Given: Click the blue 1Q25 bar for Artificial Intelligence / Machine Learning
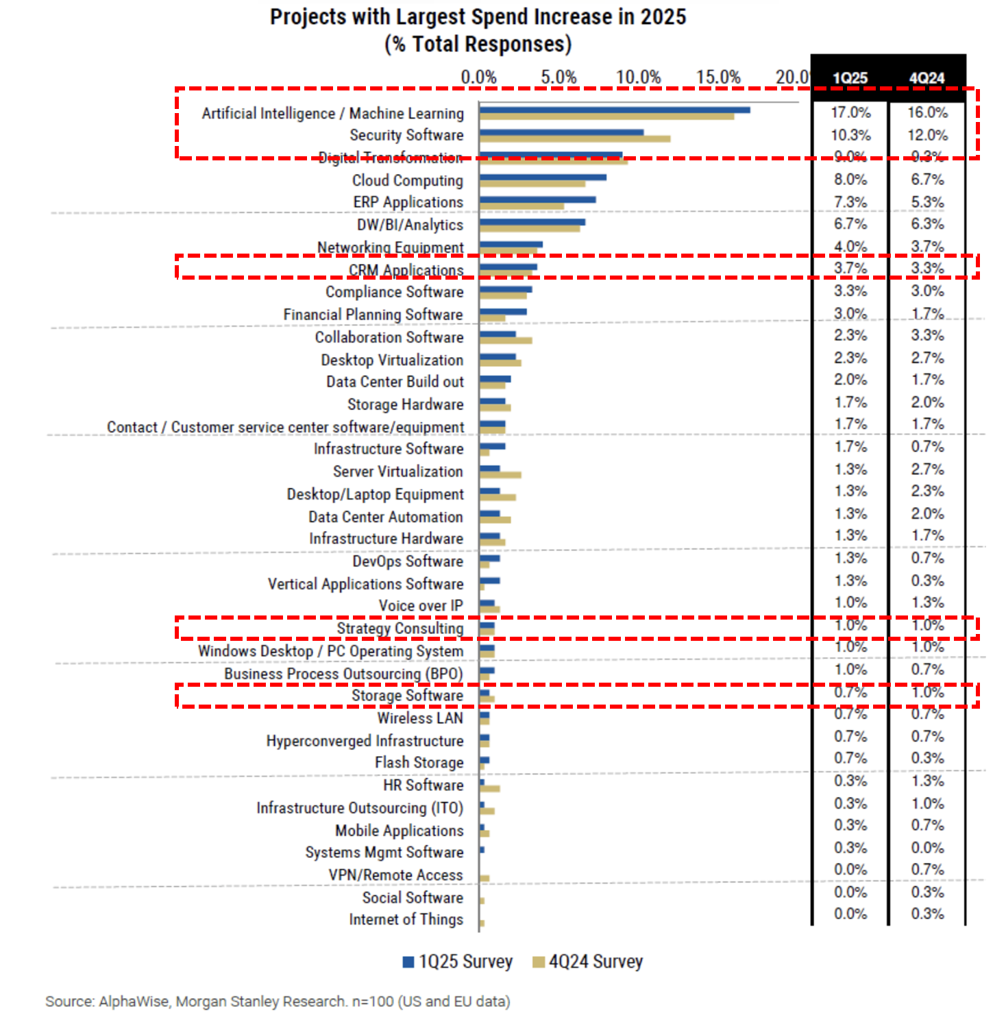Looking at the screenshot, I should (614, 110).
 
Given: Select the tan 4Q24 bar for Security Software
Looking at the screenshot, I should (574, 139).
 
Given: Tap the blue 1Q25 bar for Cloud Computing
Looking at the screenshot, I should (543, 178).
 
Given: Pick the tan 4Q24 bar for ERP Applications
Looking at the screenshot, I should (522, 206).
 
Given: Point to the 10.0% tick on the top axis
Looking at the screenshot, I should (638, 77).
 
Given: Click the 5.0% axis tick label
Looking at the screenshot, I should (559, 77).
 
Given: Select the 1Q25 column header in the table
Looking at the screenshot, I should (850, 78).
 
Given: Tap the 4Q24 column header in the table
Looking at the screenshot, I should (927, 78).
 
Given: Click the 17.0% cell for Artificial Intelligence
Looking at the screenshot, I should (850, 112).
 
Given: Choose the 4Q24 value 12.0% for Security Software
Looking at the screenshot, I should (927, 135).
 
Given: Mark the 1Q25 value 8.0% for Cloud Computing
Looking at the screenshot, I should (850, 180).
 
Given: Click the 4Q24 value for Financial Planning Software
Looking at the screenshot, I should (927, 314).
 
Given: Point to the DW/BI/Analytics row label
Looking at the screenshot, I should (410, 225).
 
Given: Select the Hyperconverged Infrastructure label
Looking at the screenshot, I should (365, 741).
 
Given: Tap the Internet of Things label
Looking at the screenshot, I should (406, 920).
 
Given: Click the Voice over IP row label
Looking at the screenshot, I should (421, 606).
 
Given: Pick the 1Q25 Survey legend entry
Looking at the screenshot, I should (457, 962).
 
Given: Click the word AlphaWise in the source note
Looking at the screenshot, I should (134, 1001).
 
